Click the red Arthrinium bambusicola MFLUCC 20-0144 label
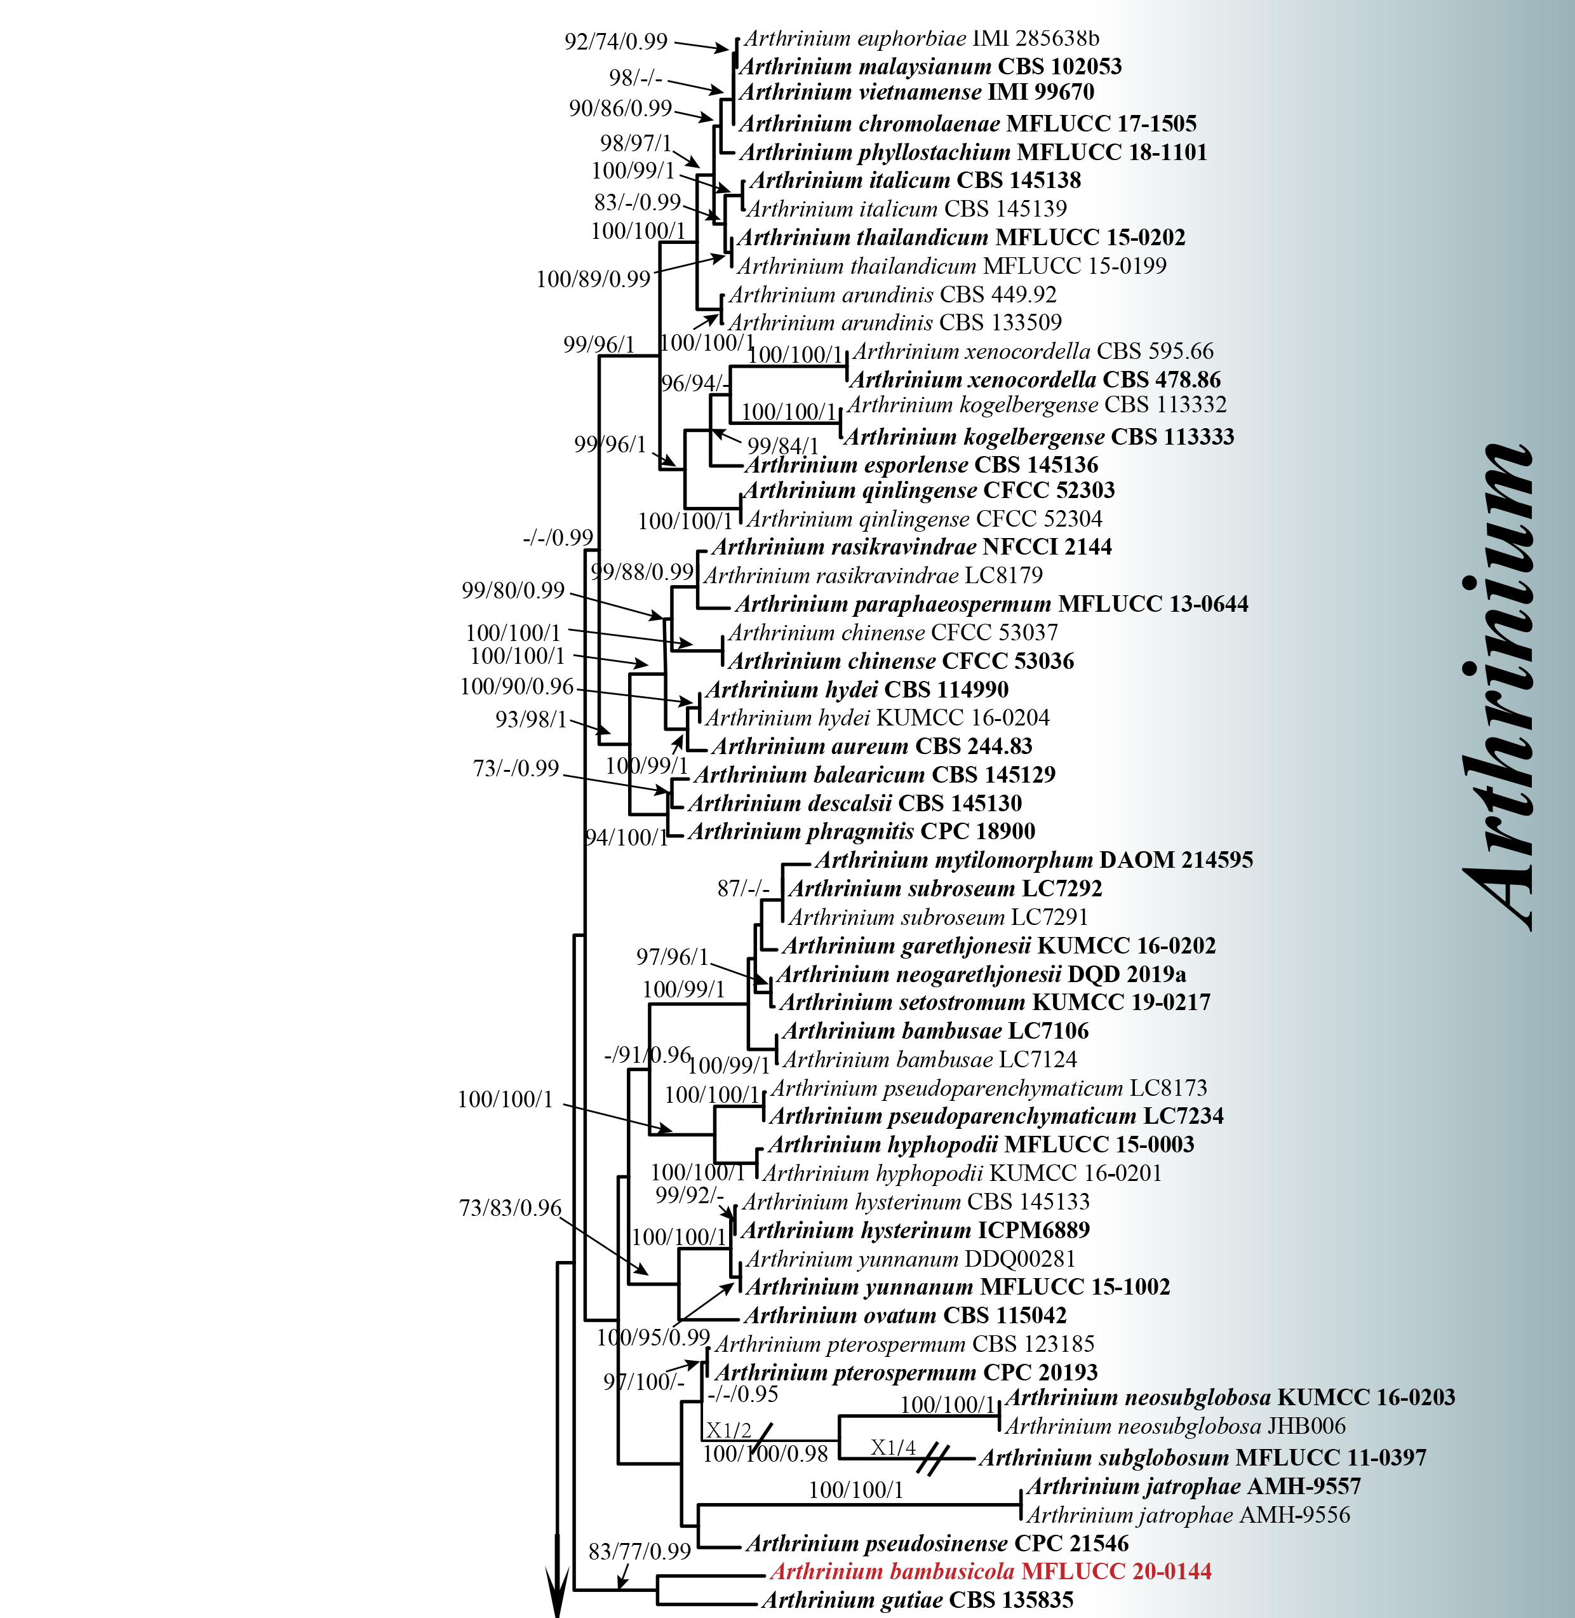[x=990, y=1571]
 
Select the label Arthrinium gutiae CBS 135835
[x=917, y=1600]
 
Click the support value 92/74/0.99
[x=615, y=41]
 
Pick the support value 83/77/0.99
[x=640, y=1551]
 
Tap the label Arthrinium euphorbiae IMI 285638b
[x=922, y=38]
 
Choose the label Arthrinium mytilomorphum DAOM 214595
[x=1034, y=860]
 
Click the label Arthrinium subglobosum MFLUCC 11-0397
[x=1203, y=1457]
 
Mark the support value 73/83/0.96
[x=511, y=1208]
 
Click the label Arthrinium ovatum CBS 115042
[x=905, y=1315]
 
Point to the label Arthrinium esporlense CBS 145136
[x=922, y=464]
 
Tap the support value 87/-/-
[x=743, y=889]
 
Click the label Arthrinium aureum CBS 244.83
[x=872, y=746]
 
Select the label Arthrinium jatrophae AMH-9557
[x=1194, y=1487]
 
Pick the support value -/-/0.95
[x=743, y=1394]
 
